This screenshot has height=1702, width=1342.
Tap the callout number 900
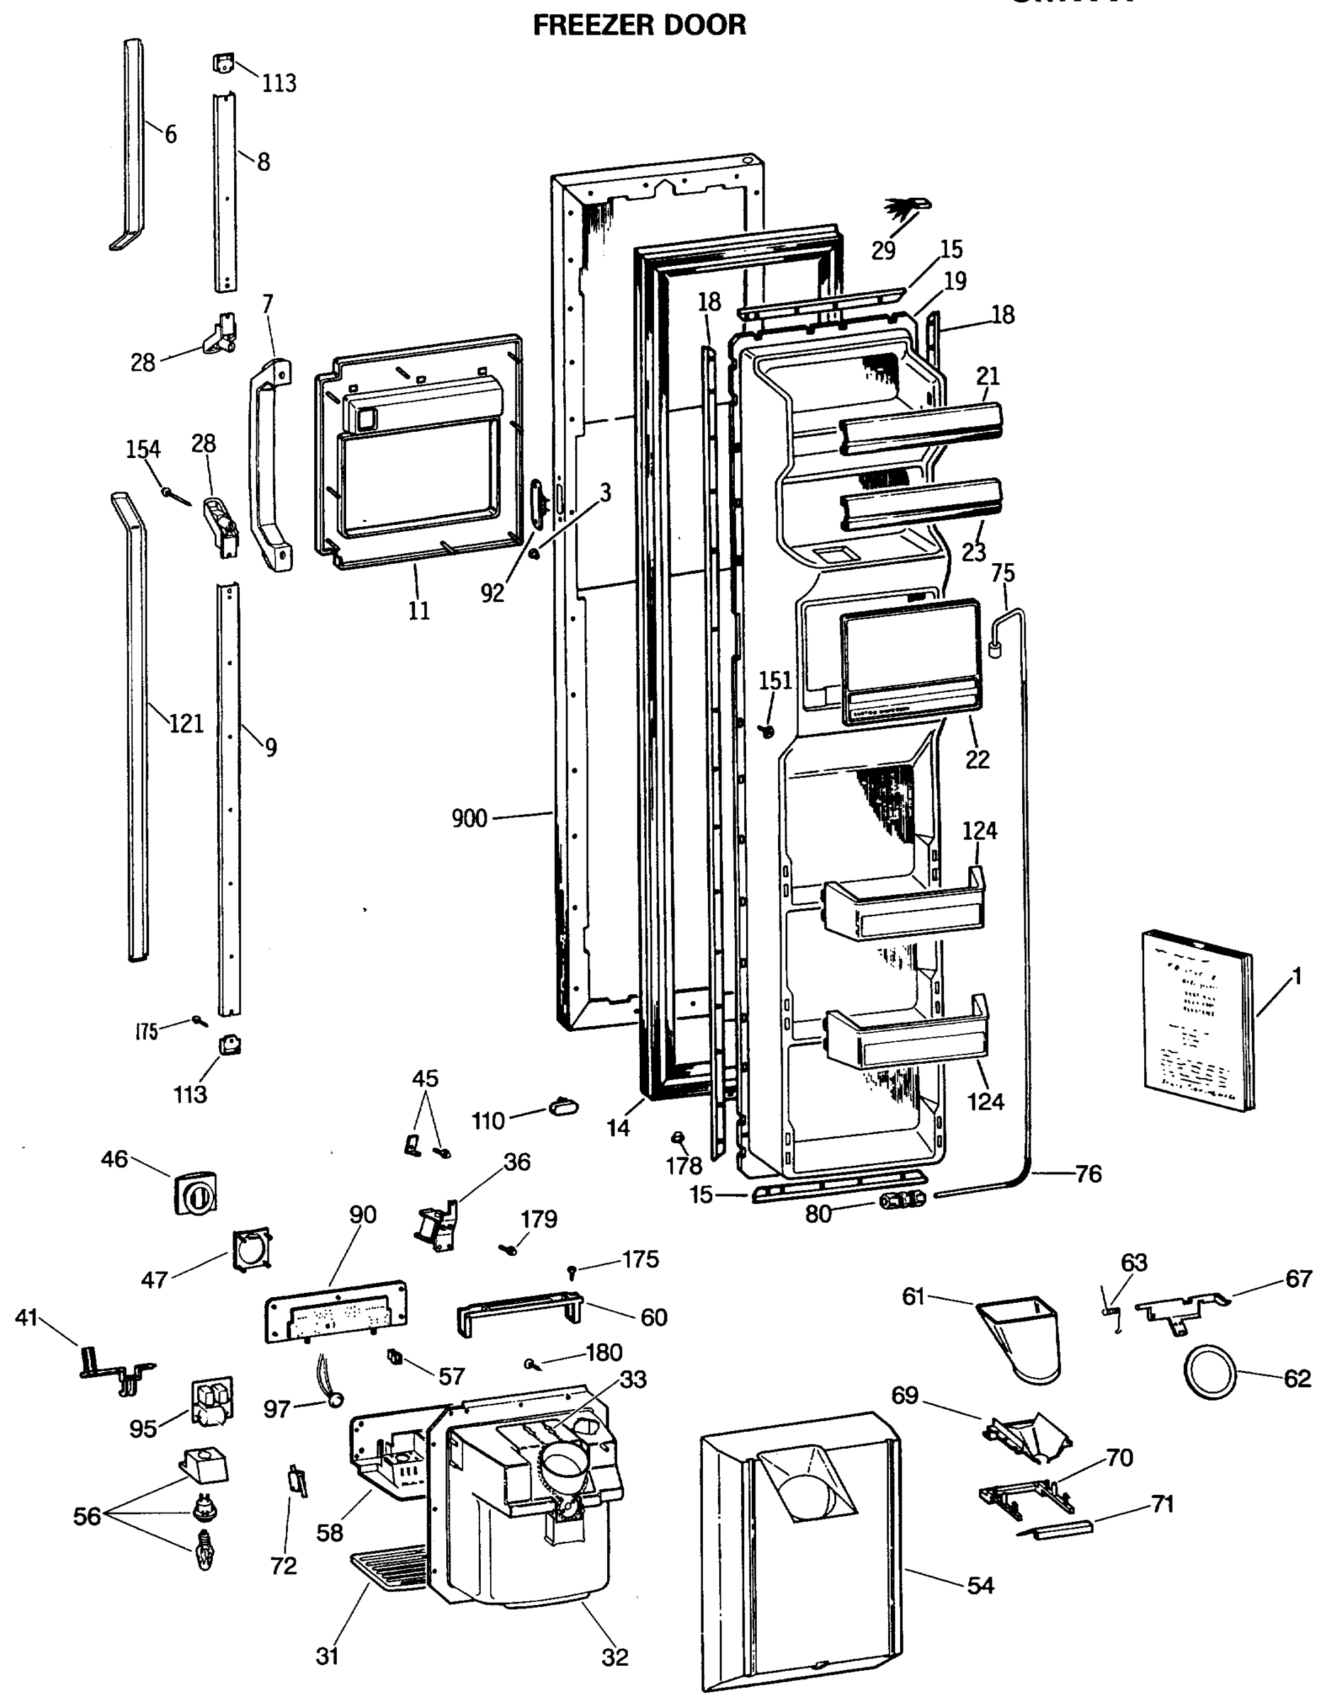469,818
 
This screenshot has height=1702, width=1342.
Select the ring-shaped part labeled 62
1209,1371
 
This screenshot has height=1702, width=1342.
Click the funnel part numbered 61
1023,1336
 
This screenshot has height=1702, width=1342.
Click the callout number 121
187,723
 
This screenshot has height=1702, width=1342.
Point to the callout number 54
980,1585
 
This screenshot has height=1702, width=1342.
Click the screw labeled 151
765,730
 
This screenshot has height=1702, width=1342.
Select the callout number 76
1088,1174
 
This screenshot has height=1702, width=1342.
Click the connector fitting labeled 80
900,1199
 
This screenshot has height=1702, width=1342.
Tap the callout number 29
883,250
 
